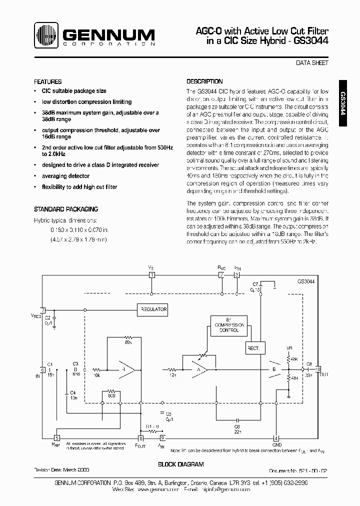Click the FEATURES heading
click(x=48, y=81)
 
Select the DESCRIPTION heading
click(x=204, y=81)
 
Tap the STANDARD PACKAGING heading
click(x=65, y=209)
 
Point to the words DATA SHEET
click(x=312, y=63)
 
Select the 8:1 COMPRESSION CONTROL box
click(x=227, y=325)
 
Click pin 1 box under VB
click(x=152, y=275)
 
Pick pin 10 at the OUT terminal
click(x=318, y=369)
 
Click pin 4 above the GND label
click(x=276, y=437)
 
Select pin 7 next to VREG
click(x=43, y=310)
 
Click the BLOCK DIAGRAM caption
click(x=180, y=464)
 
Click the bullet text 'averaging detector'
click(x=66, y=176)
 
